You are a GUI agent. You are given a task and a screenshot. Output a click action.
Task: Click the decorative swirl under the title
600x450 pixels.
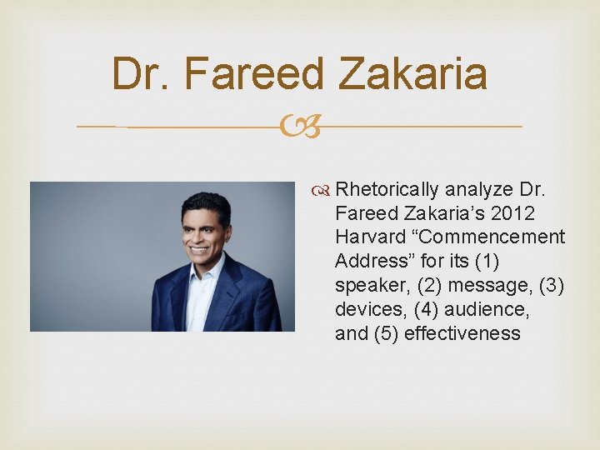300,127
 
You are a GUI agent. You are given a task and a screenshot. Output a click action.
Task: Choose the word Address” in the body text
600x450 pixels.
371,261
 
